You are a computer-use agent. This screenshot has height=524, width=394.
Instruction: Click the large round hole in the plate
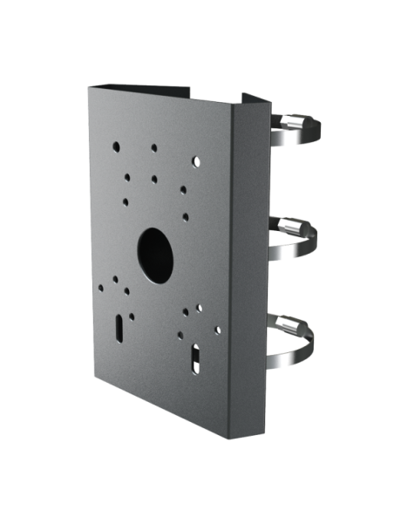(155, 246)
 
